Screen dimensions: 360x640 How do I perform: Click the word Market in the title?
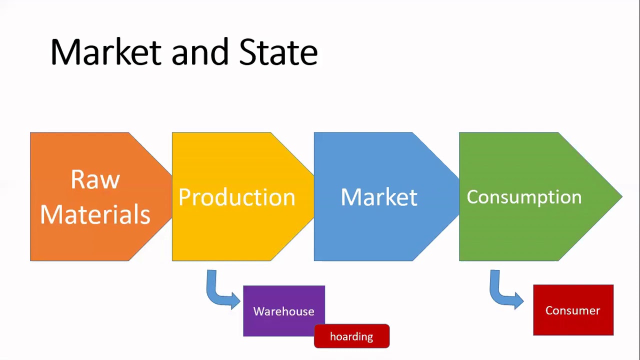click(x=105, y=52)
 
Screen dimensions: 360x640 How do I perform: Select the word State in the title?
click(x=278, y=52)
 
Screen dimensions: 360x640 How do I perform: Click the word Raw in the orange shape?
click(x=95, y=179)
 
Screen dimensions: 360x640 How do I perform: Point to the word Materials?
click(x=95, y=214)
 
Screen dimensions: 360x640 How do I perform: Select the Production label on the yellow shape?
click(x=236, y=197)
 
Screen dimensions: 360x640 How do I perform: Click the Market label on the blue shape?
click(x=378, y=197)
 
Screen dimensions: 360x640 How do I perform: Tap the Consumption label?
click(x=523, y=197)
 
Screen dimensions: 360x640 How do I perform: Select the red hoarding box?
click(x=351, y=336)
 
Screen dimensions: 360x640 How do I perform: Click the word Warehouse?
click(x=283, y=311)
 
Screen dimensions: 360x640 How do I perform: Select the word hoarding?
click(x=351, y=336)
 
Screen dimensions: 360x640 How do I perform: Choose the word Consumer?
click(x=573, y=310)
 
